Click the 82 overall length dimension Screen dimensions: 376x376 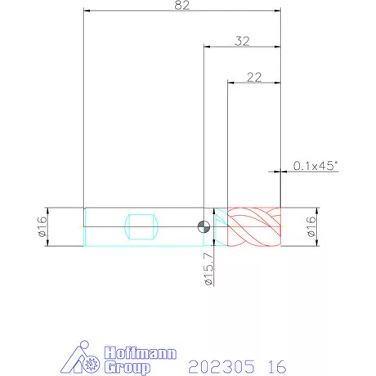(x=181, y=5)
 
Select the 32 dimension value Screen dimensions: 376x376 (x=242, y=41)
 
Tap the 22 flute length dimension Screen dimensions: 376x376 (x=254, y=78)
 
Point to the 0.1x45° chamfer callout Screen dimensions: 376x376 (x=316, y=166)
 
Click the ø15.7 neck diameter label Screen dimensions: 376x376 (x=209, y=269)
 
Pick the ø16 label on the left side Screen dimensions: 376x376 (x=43, y=226)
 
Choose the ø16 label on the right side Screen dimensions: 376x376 (x=311, y=226)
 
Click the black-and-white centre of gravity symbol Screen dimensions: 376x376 (x=204, y=226)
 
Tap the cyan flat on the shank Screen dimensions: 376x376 (x=141, y=226)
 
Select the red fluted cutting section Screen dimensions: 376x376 (x=254, y=226)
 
